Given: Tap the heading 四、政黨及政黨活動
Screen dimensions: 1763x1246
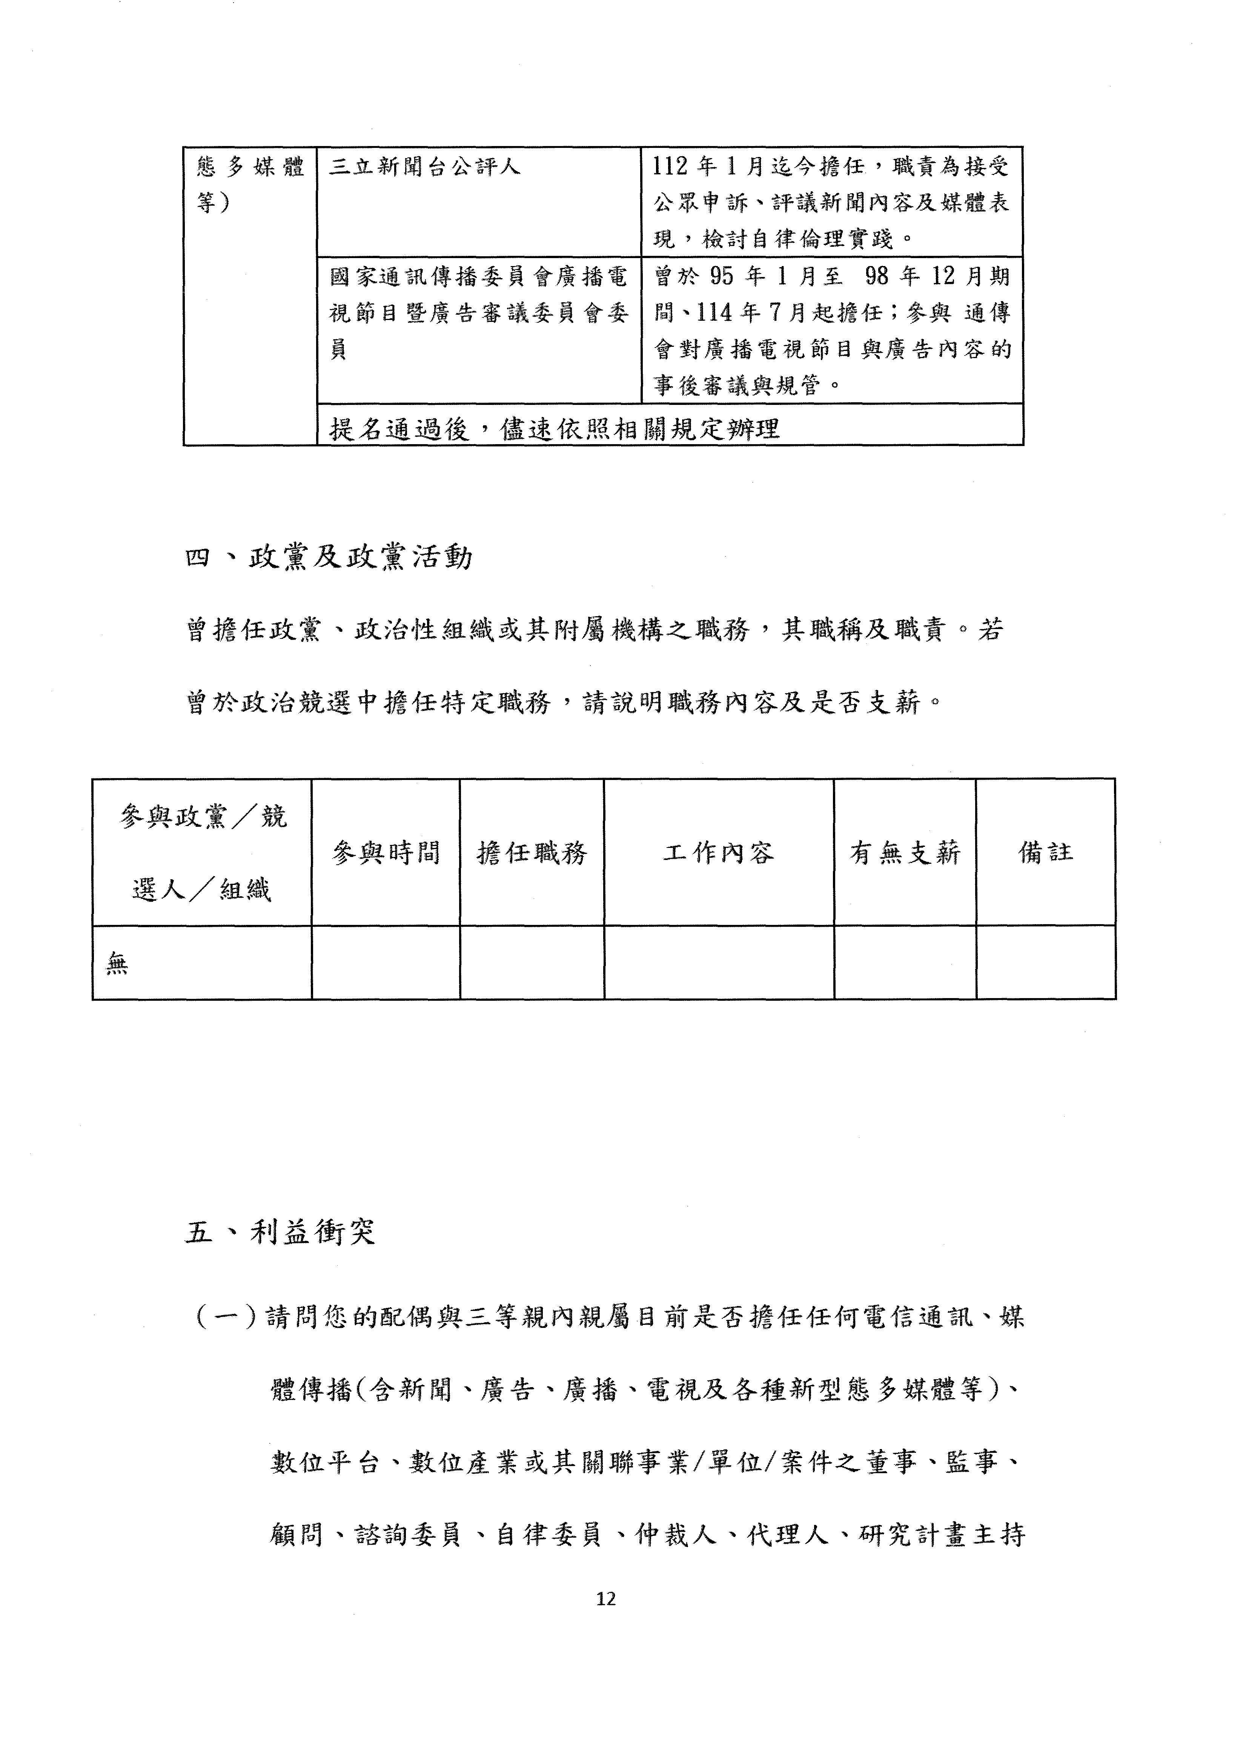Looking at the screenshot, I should pos(329,557).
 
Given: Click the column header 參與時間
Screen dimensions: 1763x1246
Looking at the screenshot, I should pos(386,852).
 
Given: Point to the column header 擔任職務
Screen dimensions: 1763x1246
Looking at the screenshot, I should pos(532,852).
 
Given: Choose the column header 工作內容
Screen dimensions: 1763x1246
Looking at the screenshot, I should pos(719,852).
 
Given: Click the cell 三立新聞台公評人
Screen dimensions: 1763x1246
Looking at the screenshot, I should pos(424,167).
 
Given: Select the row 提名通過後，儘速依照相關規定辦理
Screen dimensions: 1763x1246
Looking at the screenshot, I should pos(554,428).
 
